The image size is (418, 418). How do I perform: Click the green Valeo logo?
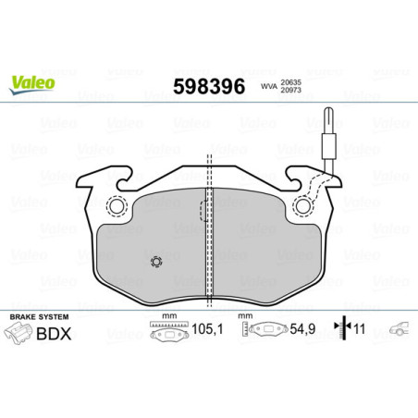pos(33,81)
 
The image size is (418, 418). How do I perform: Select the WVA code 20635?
pos(293,80)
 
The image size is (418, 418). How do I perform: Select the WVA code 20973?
pos(293,91)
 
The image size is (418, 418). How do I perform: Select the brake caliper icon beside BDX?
pos(24,337)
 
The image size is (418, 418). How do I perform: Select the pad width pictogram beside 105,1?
pos(168,330)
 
